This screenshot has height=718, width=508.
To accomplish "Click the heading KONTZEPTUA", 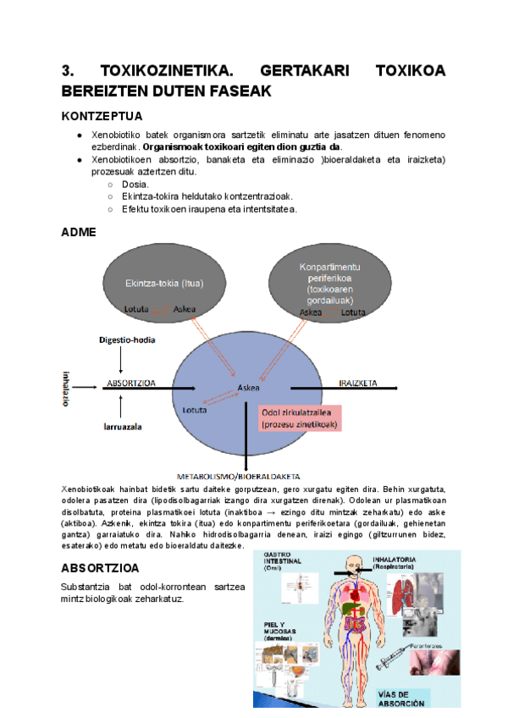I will pyautogui.click(x=102, y=116).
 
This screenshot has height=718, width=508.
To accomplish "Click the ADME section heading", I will pyautogui.click(x=79, y=232).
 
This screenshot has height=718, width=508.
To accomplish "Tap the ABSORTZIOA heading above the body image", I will pyautogui.click(x=101, y=568).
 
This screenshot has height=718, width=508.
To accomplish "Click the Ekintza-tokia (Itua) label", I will pyautogui.click(x=163, y=283).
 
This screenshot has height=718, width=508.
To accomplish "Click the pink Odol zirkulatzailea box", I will pyautogui.click(x=299, y=417).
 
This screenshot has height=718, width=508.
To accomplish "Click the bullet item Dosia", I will pyautogui.click(x=135, y=184).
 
